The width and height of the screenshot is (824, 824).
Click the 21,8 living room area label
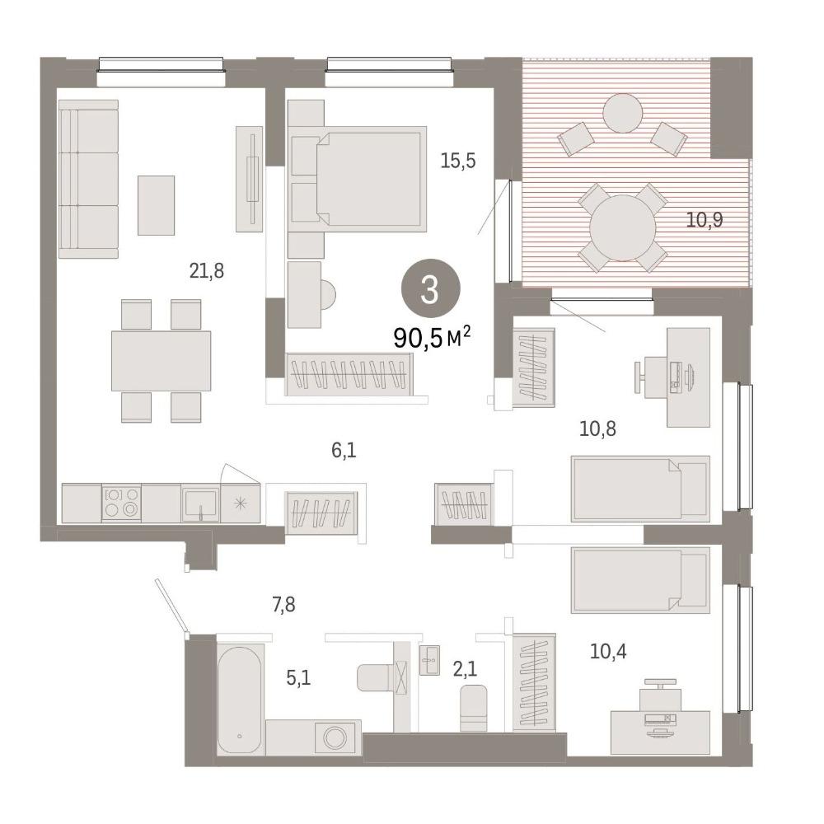(x=207, y=271)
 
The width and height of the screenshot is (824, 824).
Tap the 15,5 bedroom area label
(x=458, y=161)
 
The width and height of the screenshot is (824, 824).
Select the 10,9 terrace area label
(x=705, y=220)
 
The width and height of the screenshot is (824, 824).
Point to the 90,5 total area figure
(x=419, y=338)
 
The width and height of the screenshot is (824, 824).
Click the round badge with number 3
(x=431, y=288)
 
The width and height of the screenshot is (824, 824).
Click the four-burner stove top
(x=121, y=503)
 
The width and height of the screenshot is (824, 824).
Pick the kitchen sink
(x=201, y=504)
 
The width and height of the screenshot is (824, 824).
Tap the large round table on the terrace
(x=623, y=228)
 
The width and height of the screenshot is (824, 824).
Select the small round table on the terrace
(x=623, y=113)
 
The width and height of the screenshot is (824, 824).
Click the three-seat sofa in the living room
(x=88, y=179)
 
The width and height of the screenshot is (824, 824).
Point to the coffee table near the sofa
(x=156, y=205)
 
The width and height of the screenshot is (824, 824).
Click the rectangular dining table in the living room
(x=161, y=361)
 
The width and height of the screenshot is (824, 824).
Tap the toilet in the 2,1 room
(x=474, y=707)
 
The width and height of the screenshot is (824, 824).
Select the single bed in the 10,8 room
(x=640, y=489)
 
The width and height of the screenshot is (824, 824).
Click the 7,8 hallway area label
(x=283, y=605)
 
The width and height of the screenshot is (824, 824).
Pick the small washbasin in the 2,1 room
(x=430, y=660)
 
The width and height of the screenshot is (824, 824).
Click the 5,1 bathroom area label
(x=298, y=678)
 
